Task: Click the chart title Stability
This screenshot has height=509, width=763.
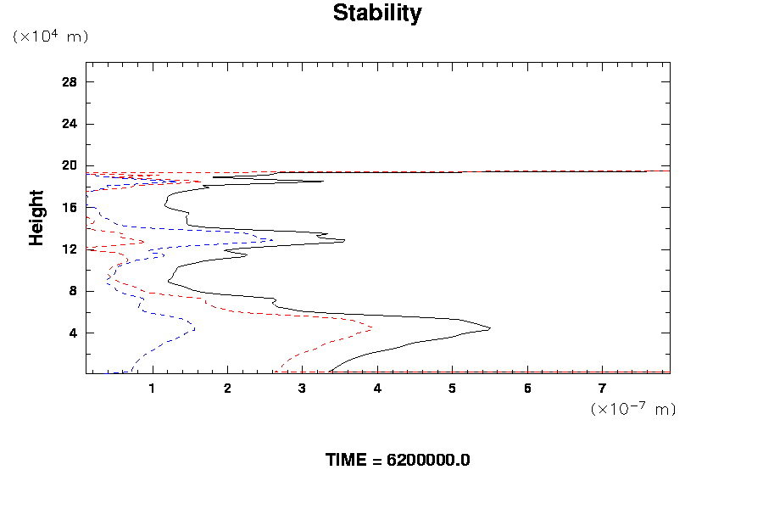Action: tap(376, 14)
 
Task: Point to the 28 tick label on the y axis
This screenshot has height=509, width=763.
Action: tap(70, 82)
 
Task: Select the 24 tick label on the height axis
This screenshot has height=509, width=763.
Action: tap(70, 124)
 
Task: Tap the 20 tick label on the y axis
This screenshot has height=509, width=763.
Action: tap(70, 165)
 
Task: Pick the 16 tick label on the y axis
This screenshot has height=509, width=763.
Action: tap(70, 207)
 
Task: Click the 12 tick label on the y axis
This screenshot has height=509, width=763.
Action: tap(70, 249)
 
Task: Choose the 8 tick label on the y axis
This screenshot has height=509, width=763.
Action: tap(73, 290)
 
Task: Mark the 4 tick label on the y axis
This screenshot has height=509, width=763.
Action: tap(73, 333)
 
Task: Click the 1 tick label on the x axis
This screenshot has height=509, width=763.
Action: tap(153, 389)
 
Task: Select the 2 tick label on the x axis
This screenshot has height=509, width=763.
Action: tap(227, 389)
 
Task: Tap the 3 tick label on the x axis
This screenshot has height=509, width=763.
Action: tap(303, 389)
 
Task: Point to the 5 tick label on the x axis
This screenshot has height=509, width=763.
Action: tap(453, 389)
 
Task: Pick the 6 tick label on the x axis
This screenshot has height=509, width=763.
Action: tap(527, 389)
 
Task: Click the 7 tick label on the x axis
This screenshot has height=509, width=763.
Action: tap(603, 389)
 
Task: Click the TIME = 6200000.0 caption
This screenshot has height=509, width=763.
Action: tap(398, 460)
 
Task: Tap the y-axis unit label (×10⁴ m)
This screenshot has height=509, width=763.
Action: tap(50, 36)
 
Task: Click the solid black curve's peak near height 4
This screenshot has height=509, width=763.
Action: tap(490, 328)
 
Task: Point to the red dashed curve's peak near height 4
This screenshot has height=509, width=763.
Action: tap(371, 327)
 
